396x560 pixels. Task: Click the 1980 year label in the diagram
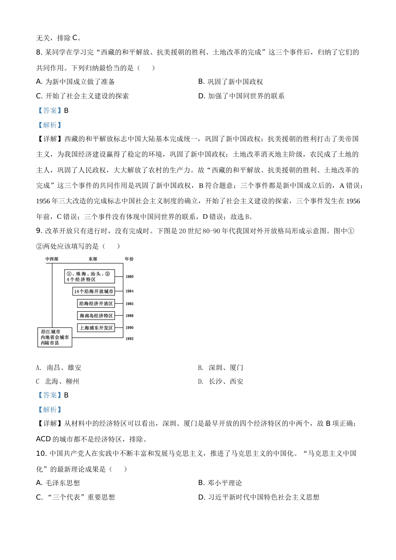pyautogui.click(x=129, y=277)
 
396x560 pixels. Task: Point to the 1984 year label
pyautogui.click(x=129, y=291)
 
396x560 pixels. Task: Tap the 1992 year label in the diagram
pyautogui.click(x=129, y=339)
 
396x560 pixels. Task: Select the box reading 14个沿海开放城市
pyautogui.click(x=94, y=291)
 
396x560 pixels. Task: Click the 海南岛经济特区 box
pyautogui.click(x=96, y=316)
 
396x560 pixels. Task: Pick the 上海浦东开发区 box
pyautogui.click(x=96, y=328)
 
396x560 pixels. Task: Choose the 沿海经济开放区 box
pyautogui.click(x=96, y=304)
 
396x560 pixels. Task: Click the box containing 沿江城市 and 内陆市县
pyautogui.click(x=55, y=337)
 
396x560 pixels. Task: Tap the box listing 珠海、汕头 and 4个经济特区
pyautogui.click(x=89, y=277)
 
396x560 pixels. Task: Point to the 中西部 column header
pyautogui.click(x=52, y=259)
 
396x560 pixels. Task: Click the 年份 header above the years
pyautogui.click(x=129, y=259)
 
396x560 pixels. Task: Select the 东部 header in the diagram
pyautogui.click(x=93, y=259)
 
